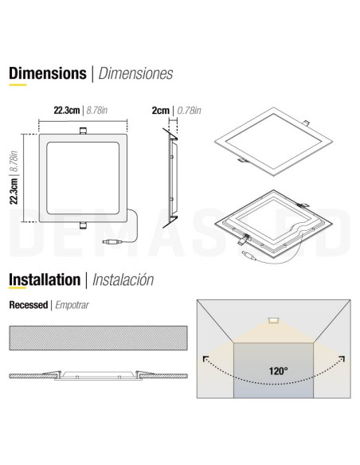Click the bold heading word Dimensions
click(48, 73)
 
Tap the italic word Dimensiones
click(135, 73)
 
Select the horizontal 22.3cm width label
click(67, 111)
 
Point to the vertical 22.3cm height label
click(14, 190)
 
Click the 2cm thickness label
click(161, 111)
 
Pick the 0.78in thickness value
click(190, 111)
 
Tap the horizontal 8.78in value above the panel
click(97, 111)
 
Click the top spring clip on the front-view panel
click(83, 131)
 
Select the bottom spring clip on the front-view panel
click(83, 225)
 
